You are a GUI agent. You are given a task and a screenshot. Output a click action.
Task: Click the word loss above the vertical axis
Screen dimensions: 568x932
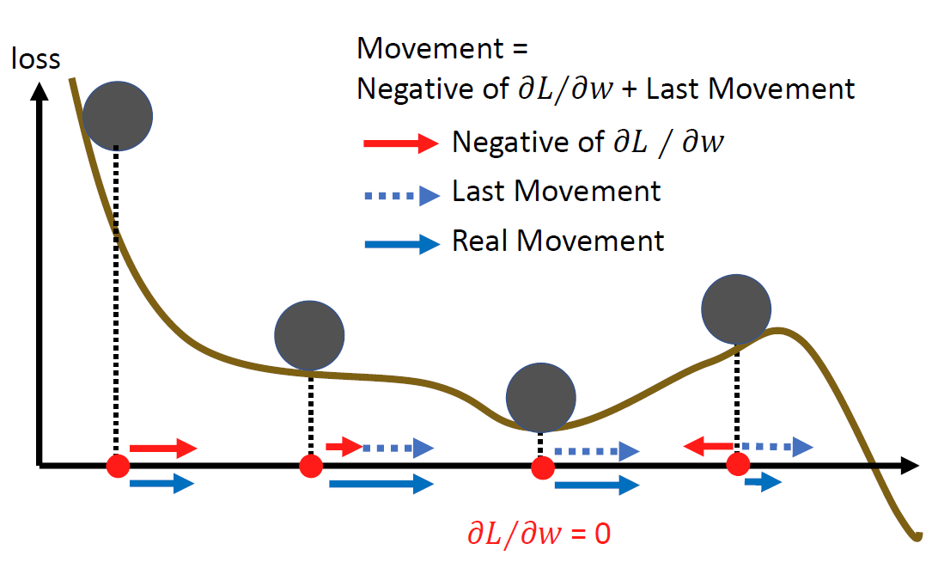point(35,58)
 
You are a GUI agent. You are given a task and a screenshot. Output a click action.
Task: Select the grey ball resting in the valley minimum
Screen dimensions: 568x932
point(539,397)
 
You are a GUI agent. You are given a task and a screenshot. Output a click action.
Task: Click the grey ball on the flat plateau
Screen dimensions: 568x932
point(309,335)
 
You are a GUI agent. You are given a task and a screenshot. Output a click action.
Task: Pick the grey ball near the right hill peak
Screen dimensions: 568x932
point(736,308)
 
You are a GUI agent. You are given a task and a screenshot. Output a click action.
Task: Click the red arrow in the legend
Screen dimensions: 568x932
point(401,144)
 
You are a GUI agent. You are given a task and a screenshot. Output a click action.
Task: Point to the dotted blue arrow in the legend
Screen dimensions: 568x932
point(401,196)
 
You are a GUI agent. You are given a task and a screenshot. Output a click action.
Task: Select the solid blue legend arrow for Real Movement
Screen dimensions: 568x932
point(401,244)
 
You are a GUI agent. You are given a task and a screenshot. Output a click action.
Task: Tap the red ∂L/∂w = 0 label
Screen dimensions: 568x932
point(539,535)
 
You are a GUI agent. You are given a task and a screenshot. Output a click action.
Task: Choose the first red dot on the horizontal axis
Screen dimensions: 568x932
point(118,467)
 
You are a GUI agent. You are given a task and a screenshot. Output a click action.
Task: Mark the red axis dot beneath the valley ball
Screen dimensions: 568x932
point(542,467)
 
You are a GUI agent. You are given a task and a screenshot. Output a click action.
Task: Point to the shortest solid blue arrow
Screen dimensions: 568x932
point(762,483)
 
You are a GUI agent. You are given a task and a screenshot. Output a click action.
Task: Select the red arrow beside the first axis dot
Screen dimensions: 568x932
point(163,448)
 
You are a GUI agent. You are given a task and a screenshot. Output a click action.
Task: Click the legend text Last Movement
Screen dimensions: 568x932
point(557,192)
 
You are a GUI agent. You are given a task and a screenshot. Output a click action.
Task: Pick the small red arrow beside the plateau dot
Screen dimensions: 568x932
point(344,446)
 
